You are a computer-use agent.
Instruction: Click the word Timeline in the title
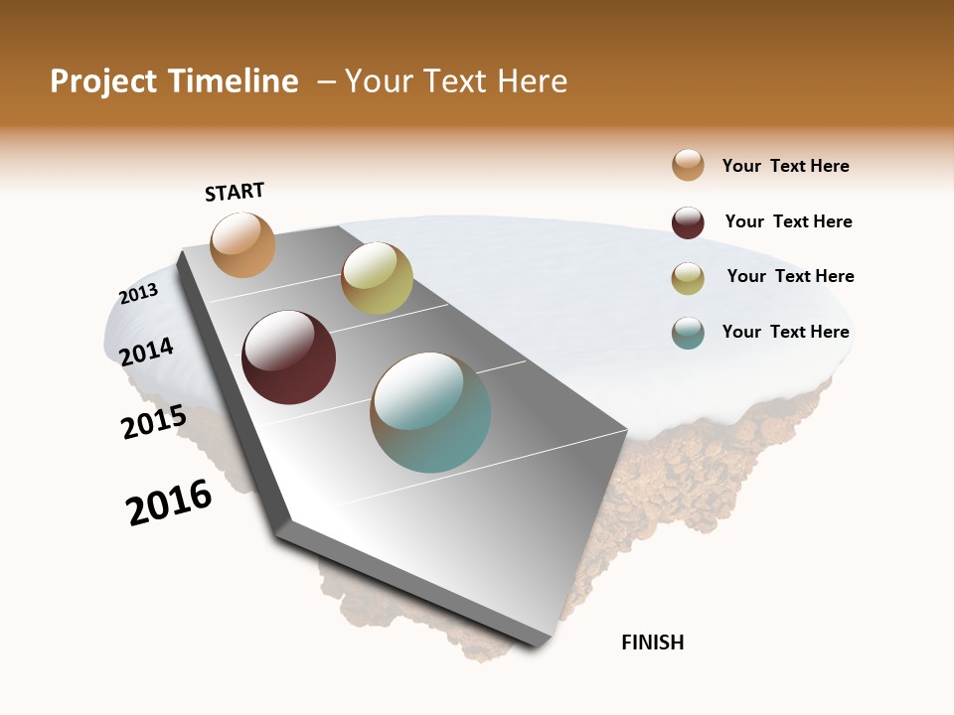[x=234, y=81]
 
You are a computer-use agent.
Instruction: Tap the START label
[x=235, y=192]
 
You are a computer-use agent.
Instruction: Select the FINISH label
[x=652, y=643]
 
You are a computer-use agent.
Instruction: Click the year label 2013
[x=138, y=293]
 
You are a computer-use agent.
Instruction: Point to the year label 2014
[x=146, y=352]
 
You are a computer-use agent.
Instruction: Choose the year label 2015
[x=153, y=421]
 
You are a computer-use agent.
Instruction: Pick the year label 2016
[x=169, y=502]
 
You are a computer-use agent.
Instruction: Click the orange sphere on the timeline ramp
[x=242, y=244]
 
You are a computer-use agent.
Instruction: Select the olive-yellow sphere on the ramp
[x=377, y=278]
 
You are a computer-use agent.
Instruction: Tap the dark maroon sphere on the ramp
[x=288, y=357]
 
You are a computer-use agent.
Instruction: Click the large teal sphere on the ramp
[x=430, y=412]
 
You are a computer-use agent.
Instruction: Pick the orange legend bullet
[x=688, y=165]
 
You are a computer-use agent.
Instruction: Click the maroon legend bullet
[x=688, y=222]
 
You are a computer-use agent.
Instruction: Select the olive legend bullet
[x=688, y=278]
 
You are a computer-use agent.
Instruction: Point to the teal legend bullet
[x=688, y=333]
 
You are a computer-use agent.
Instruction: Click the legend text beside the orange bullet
[x=785, y=166]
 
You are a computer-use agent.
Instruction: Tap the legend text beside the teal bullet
[x=785, y=332]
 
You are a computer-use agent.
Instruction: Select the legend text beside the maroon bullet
[x=788, y=221]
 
